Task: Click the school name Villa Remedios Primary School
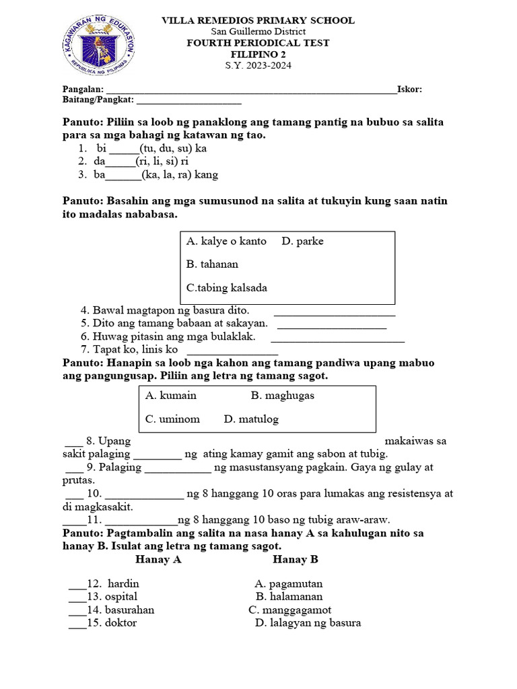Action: pyautogui.click(x=258, y=21)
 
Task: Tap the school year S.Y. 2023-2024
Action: pyautogui.click(x=258, y=65)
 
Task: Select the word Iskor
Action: pyautogui.click(x=409, y=89)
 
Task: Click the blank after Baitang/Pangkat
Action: pyautogui.click(x=188, y=101)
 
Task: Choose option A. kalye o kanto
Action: pyautogui.click(x=226, y=242)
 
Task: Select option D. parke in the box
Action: pyautogui.click(x=303, y=242)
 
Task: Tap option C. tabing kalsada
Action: pyautogui.click(x=227, y=288)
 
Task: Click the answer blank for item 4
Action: pyautogui.click(x=335, y=312)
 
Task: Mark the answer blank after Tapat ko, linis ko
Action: pyautogui.click(x=232, y=351)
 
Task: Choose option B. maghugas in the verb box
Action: pyautogui.click(x=283, y=396)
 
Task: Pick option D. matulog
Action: pyautogui.click(x=251, y=419)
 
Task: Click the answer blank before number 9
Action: pyautogui.click(x=74, y=467)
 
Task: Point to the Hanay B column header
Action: pyautogui.click(x=296, y=560)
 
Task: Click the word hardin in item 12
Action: pyautogui.click(x=123, y=584)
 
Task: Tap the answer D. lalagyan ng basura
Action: pyautogui.click(x=308, y=623)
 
